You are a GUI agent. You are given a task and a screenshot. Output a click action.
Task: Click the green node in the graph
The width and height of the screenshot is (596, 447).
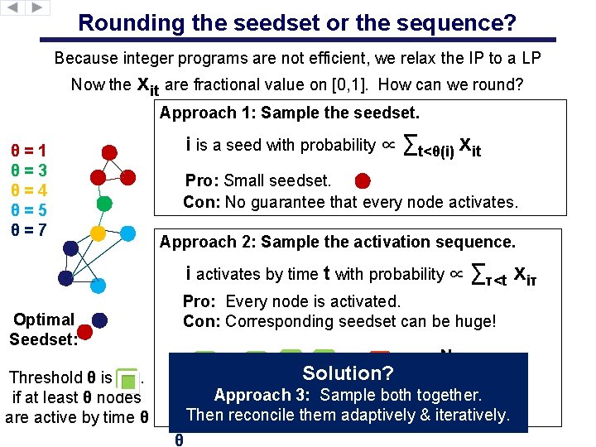pos(104,202)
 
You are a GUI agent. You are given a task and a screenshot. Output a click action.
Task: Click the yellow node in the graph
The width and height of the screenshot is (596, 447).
pos(98,232)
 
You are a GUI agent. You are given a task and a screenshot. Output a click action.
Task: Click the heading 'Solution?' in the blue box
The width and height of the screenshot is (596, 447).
pos(348,372)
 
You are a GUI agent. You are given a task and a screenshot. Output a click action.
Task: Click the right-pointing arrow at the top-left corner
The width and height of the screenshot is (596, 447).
pos(38,7)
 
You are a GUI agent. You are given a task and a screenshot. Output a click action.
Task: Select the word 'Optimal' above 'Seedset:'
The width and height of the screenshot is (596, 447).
pos(44,320)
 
